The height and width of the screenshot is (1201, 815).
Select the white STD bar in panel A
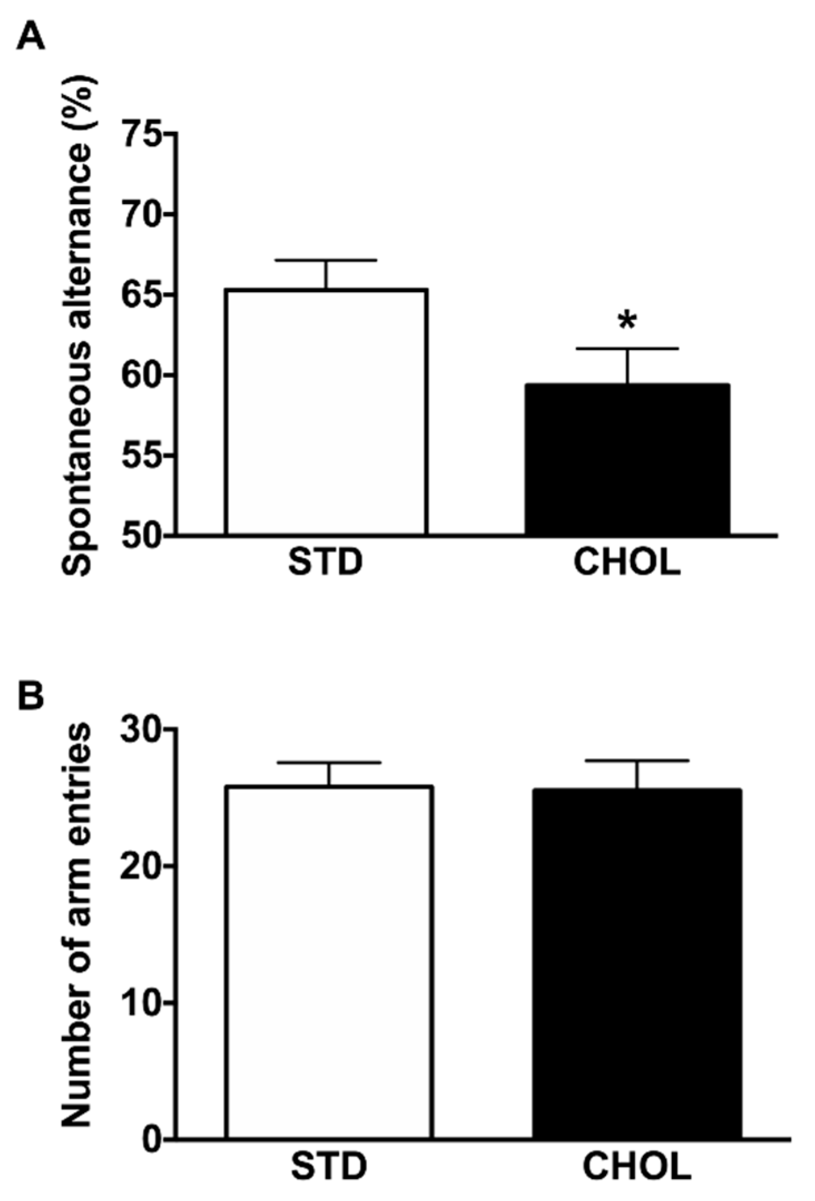point(326,412)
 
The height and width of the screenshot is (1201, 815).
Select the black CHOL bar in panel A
point(628,459)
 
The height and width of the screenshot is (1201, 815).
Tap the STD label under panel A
point(325,563)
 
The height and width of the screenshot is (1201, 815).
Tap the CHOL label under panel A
point(627,563)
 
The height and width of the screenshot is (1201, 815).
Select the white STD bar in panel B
point(329,962)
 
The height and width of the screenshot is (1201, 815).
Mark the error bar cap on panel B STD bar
point(329,763)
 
